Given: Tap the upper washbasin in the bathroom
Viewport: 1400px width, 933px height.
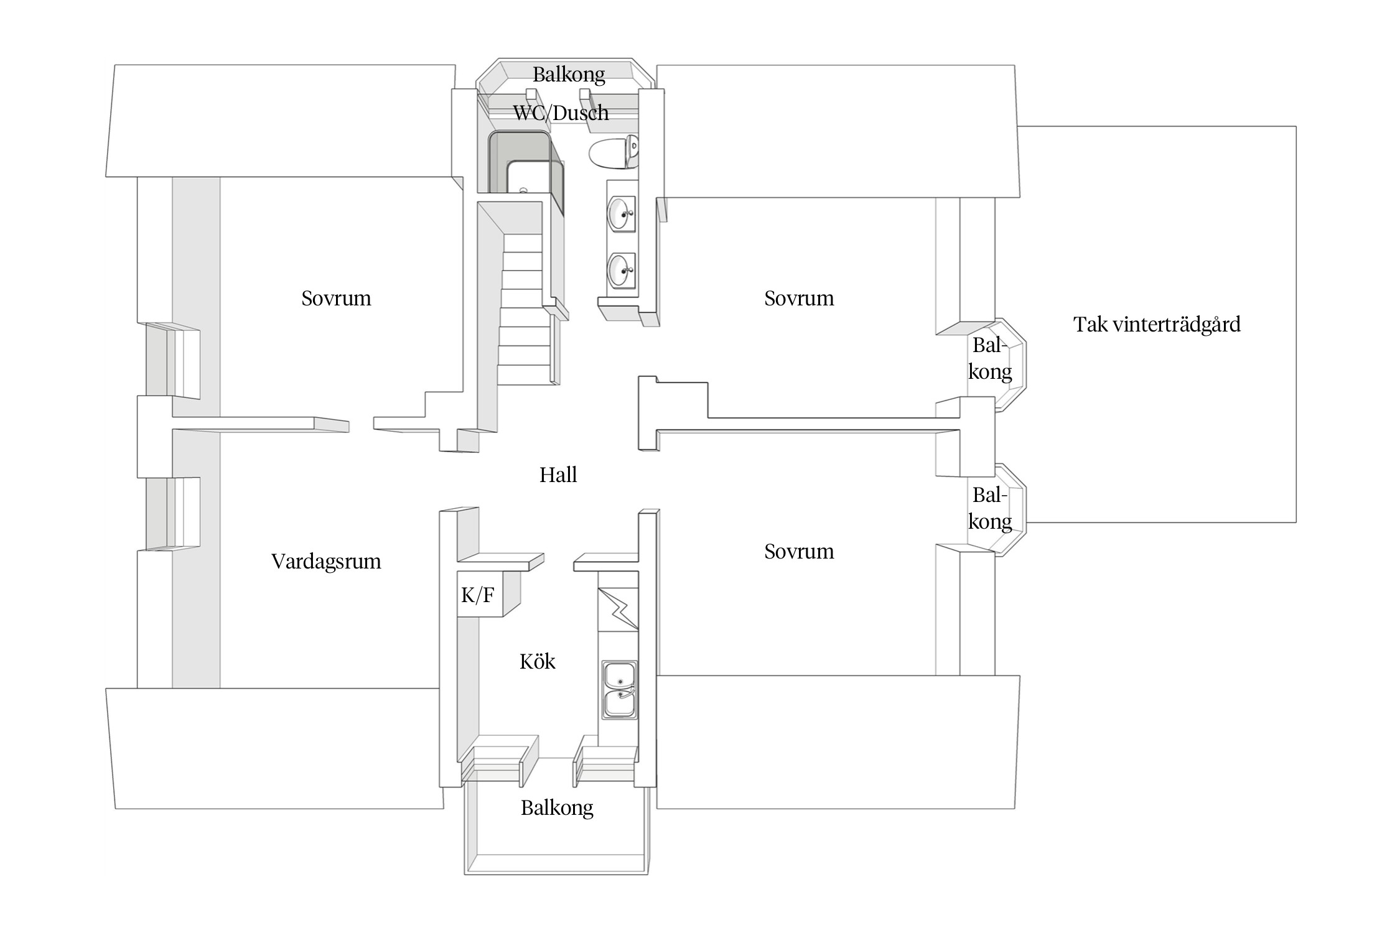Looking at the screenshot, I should click(621, 213).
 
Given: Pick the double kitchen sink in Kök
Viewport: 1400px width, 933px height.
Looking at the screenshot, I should click(619, 690).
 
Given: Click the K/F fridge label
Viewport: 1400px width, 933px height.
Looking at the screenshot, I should click(478, 595).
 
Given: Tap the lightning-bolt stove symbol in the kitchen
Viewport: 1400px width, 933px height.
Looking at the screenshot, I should click(618, 609).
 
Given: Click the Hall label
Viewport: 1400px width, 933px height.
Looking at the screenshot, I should click(558, 475).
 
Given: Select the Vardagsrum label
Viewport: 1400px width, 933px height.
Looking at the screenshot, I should click(326, 562).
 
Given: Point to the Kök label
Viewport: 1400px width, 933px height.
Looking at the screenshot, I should click(537, 661).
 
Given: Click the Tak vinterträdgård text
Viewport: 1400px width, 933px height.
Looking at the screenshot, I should click(1157, 325).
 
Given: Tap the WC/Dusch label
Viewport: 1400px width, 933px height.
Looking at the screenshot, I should click(561, 113).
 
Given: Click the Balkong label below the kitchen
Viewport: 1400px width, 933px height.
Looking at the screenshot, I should click(557, 808).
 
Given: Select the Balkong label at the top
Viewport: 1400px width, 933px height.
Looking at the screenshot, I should click(569, 75).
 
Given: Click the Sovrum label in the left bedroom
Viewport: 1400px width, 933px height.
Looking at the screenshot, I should click(336, 299).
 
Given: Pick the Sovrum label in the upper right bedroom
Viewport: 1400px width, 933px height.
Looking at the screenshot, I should click(799, 299).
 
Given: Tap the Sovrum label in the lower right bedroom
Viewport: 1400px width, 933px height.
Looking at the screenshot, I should click(799, 552).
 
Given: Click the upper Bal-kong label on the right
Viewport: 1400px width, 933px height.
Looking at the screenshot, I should click(989, 358).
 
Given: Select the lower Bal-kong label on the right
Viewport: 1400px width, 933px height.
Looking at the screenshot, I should click(989, 508).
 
